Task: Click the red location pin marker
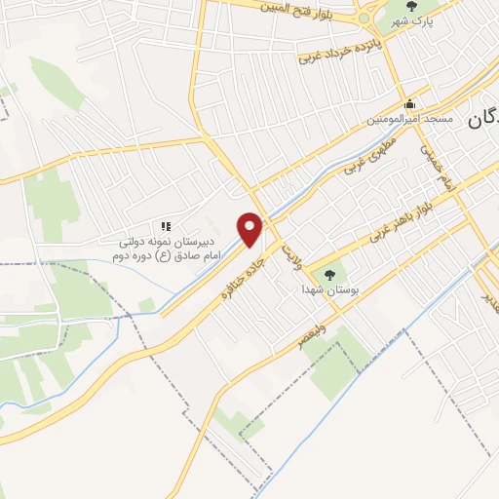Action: [x=250, y=228]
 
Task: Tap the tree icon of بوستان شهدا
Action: [x=327, y=275]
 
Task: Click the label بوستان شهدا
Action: [x=327, y=289]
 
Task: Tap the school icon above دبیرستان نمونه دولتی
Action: [x=165, y=225]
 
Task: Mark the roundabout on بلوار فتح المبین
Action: [x=365, y=15]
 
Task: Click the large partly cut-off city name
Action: [x=484, y=122]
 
